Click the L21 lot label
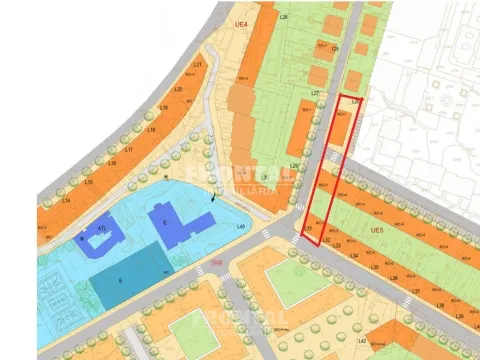[x=197, y=65]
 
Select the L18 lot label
[x=151, y=130]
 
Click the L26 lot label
[x=283, y=18]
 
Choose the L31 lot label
[x=310, y=230]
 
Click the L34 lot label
[x=352, y=254]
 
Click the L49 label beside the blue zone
[x=241, y=226]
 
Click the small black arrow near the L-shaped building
[x=214, y=199]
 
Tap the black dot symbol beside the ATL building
[x=82, y=239]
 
